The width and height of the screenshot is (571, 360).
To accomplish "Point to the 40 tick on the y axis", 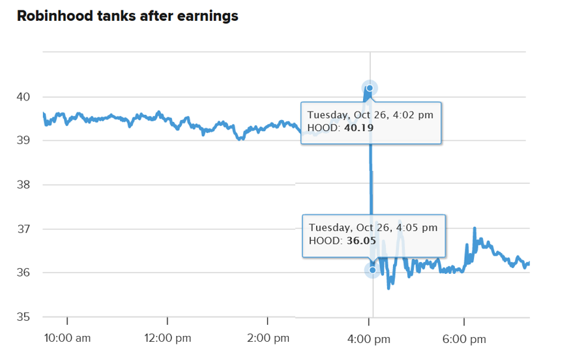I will coord(23,97).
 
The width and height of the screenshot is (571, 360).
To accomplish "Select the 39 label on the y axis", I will coord(23,141).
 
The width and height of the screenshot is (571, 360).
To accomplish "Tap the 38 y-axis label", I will coord(23,185).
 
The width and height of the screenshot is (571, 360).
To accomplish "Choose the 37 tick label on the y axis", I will coord(23,229).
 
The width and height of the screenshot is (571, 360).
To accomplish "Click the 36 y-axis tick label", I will coord(23,273).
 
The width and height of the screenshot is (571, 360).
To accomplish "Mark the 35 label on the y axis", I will coord(23,317).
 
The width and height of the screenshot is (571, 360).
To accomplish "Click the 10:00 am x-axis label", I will coord(66,338).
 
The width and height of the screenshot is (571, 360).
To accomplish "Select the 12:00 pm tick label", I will coord(167,338).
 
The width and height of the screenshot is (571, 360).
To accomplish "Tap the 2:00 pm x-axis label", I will coord(267,338).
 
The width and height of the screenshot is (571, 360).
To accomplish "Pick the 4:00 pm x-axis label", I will coord(369,338).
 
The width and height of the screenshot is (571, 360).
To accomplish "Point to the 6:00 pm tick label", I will coord(463,338).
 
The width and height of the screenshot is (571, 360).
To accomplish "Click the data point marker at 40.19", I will coord(370,88).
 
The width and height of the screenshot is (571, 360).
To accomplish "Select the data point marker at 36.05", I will coord(372,269).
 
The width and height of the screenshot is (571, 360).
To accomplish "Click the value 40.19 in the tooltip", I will coord(359,128).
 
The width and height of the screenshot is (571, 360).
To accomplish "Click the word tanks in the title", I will coord(119,16).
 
